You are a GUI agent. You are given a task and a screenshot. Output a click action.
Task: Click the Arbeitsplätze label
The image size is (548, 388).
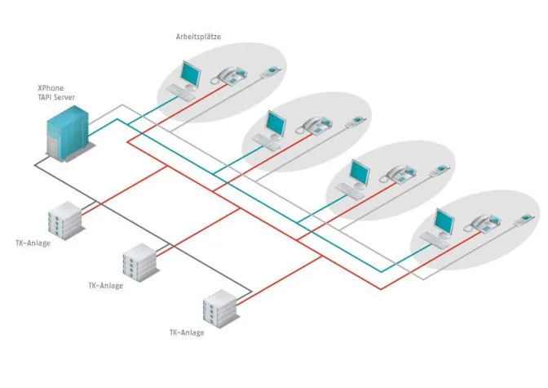pyautogui.click(x=198, y=37)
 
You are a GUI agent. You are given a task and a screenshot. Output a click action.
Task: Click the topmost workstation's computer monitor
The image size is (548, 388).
pyautogui.click(x=190, y=74)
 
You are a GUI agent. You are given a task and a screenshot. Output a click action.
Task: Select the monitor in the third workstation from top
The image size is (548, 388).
pyautogui.click(x=360, y=172)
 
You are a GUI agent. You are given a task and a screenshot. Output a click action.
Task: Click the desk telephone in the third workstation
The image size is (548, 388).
pyautogui.click(x=398, y=174)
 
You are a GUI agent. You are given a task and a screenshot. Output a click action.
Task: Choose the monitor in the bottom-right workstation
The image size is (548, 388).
pyautogui.click(x=444, y=221)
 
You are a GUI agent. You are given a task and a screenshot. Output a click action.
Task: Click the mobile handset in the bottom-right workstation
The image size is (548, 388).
pyautogui.click(x=521, y=219)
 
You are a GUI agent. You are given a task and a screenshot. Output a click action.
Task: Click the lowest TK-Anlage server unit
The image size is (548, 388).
pyautogui.click(x=219, y=308)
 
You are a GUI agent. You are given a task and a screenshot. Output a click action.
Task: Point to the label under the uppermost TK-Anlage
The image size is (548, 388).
pyautogui.click(x=33, y=243)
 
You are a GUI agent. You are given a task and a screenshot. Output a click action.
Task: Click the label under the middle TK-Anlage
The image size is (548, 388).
pyautogui.click(x=105, y=286)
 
